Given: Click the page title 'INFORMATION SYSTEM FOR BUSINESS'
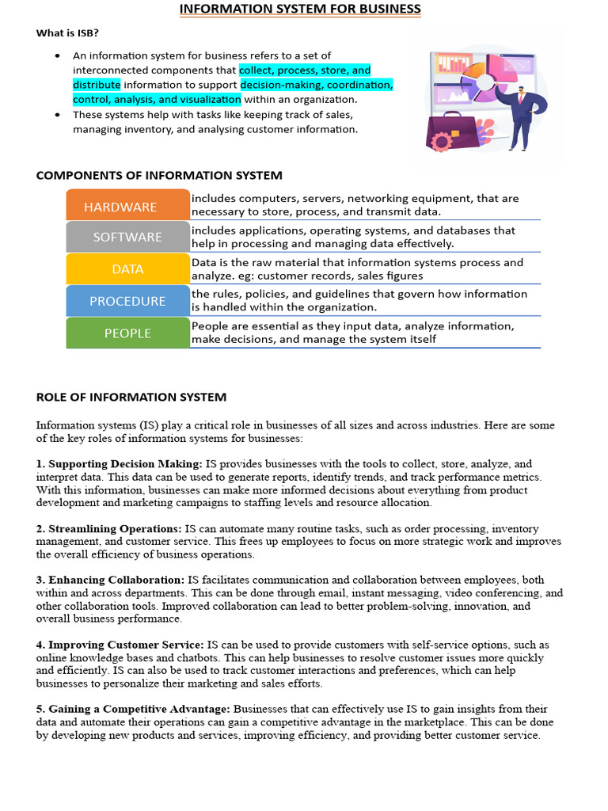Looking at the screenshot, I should point(300,10).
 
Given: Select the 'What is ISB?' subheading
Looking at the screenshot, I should point(67,33).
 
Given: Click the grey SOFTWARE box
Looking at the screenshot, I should point(127,237).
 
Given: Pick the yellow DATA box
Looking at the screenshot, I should point(127,269).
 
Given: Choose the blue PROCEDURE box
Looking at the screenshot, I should point(127,301).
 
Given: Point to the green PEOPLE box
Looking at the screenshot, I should point(127,333).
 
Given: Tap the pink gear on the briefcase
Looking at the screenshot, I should point(440,142).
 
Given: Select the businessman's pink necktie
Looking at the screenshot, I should point(520,100).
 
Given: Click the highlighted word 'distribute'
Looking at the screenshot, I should point(97,85).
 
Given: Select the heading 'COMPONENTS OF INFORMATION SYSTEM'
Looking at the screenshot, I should point(159,175).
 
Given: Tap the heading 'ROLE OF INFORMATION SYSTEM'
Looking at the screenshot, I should point(131,397).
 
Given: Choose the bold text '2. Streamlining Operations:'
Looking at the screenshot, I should point(109,529).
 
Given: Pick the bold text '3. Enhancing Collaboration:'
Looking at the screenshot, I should point(110,581).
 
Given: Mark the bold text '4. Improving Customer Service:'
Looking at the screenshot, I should point(120,645).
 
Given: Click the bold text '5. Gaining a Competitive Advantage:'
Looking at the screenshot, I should point(133,710).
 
